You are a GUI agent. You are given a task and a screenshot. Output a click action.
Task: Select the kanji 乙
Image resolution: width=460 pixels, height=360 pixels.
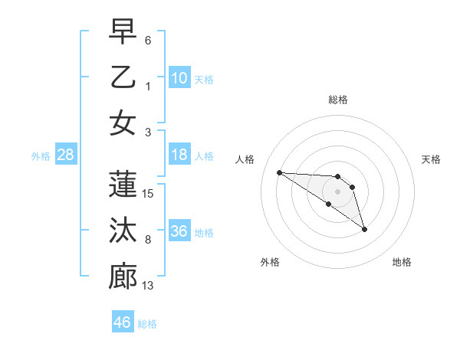(123, 77)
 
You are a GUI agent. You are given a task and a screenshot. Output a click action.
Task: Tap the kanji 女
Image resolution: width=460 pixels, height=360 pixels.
(123, 123)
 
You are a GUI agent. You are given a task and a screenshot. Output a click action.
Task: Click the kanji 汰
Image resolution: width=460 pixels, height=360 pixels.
(123, 231)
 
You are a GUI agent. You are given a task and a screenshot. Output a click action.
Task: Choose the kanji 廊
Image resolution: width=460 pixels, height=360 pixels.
(123, 277)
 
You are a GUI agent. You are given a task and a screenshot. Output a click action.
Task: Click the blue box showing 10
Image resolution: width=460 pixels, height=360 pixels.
(179, 77)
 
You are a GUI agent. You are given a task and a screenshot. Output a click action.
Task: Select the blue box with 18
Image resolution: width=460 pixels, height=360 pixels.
(179, 155)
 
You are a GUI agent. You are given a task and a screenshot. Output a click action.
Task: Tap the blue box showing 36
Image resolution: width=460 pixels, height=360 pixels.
(179, 231)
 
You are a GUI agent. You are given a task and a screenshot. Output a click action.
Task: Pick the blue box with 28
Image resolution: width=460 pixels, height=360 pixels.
(65, 155)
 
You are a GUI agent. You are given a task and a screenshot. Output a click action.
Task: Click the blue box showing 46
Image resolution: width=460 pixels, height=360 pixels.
(123, 322)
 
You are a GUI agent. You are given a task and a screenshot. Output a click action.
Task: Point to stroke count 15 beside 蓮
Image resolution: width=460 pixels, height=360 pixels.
(149, 194)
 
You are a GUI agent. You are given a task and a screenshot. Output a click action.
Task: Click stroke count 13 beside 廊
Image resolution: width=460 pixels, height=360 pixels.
(149, 286)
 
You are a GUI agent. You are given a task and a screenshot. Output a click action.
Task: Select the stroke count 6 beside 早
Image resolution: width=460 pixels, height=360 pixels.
(148, 40)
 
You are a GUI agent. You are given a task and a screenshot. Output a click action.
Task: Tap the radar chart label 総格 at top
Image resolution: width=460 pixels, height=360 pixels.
(338, 100)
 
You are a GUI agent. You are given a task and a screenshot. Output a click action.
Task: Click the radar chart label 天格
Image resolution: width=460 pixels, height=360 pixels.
(432, 159)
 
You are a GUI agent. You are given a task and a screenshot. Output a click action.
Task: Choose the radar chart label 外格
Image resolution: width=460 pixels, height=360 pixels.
(270, 262)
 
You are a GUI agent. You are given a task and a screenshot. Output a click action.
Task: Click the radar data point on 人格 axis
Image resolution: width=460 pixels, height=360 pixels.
(279, 172)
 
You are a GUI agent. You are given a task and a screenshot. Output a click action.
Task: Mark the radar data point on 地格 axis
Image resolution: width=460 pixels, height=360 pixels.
(364, 229)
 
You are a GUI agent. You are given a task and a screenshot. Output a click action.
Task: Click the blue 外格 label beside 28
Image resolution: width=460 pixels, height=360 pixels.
(41, 156)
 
